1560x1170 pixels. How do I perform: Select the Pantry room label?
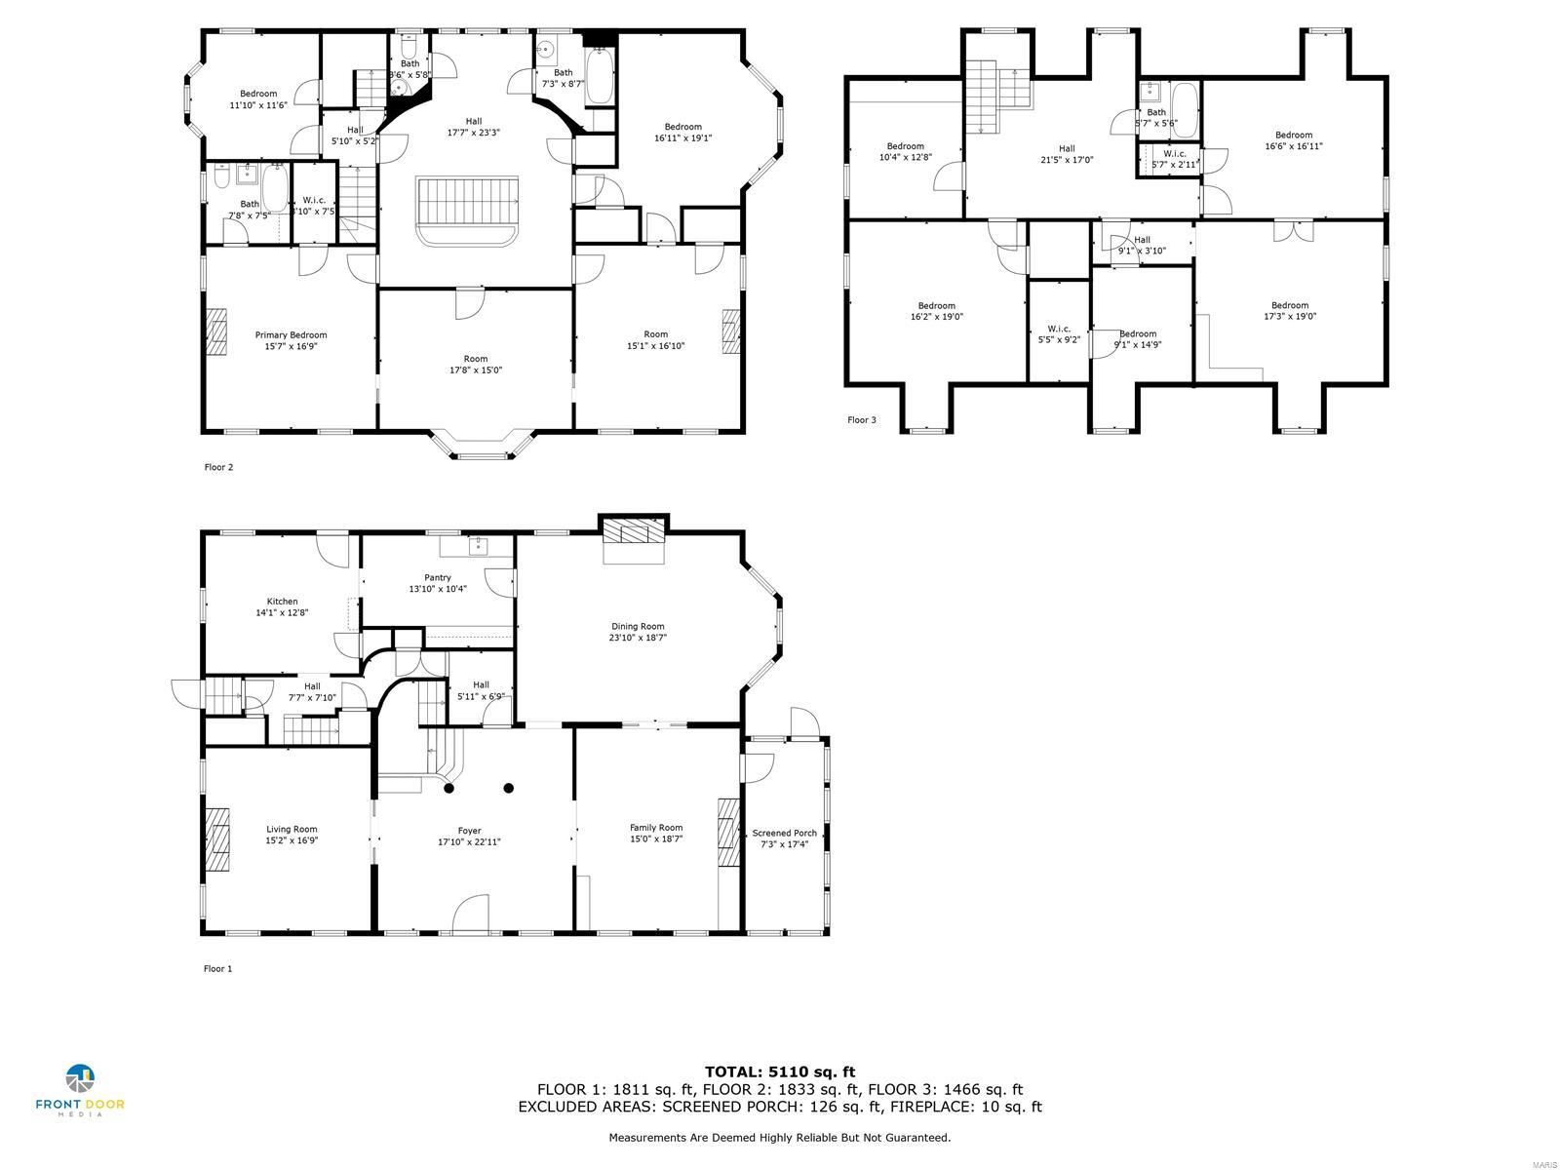pos(437,577)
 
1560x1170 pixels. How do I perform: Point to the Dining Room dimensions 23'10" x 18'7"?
pos(638,638)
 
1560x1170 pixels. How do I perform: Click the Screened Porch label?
pos(784,833)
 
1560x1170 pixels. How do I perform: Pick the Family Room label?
pos(655,827)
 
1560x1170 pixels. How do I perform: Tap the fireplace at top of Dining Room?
pos(633,530)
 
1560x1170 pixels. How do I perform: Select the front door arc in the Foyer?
pos(470,913)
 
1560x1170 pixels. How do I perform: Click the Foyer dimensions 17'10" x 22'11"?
pos(469,842)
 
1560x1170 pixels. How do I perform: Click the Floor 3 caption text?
pos(861,420)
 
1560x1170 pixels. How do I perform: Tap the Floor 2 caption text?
pos(218,467)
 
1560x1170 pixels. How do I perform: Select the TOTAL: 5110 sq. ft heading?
pos(779,1072)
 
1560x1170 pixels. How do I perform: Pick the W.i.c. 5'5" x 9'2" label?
pos(1059,333)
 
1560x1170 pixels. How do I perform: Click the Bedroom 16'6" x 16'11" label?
pos(1293,140)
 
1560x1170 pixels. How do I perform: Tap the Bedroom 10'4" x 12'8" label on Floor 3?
pos(905,151)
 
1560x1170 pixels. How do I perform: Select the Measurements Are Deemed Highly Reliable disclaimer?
pos(779,1137)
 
